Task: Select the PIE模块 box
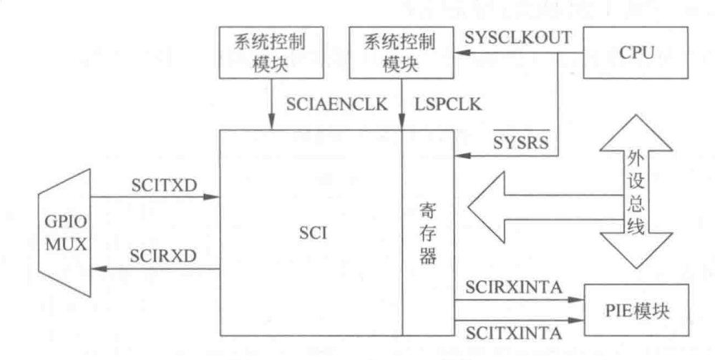coord(634,309)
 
